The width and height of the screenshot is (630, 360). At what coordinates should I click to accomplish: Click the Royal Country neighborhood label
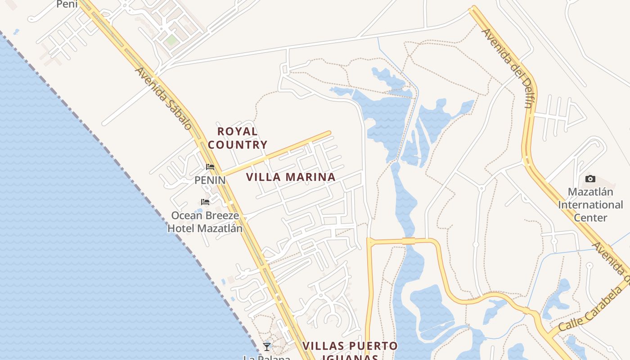(x=238, y=138)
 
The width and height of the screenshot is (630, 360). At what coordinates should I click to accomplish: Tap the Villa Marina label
(x=291, y=177)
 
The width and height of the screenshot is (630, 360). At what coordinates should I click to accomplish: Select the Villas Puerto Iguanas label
(x=350, y=351)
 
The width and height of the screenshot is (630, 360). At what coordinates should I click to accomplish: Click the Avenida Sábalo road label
(x=163, y=99)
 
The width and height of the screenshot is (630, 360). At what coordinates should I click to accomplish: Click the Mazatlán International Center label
(x=590, y=205)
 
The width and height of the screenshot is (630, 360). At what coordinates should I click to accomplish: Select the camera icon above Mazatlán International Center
(x=590, y=179)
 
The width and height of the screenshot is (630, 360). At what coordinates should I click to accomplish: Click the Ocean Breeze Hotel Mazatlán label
(x=205, y=222)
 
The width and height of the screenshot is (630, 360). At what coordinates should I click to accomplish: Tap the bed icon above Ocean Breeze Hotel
(x=205, y=202)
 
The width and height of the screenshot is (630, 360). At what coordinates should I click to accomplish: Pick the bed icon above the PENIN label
(x=210, y=167)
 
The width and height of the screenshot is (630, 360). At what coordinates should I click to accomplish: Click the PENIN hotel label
(x=210, y=180)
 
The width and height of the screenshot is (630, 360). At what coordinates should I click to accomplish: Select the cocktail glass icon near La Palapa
(x=267, y=346)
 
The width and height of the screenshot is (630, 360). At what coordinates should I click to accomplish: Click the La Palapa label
(x=267, y=358)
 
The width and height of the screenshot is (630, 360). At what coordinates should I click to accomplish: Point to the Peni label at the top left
(x=67, y=4)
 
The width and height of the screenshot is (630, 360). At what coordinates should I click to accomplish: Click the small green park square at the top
(x=171, y=40)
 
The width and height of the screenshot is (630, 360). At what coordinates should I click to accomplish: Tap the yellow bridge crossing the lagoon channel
(x=409, y=241)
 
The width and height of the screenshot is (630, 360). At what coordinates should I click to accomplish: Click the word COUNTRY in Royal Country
(x=238, y=145)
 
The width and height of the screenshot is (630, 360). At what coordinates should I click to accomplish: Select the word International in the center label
(x=590, y=205)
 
